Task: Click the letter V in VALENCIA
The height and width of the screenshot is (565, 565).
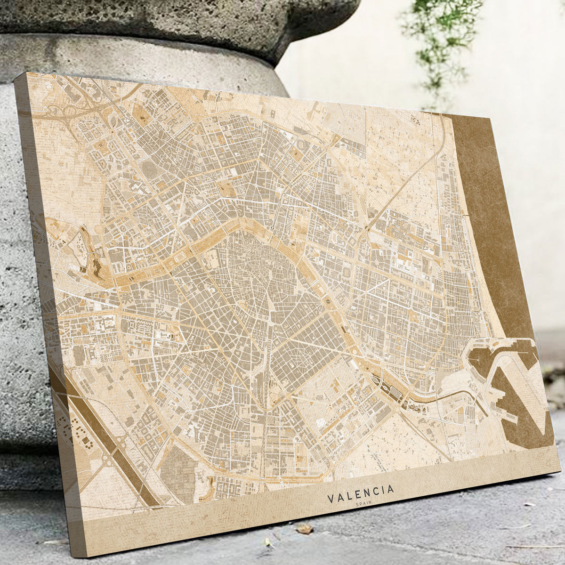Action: click(330, 499)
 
